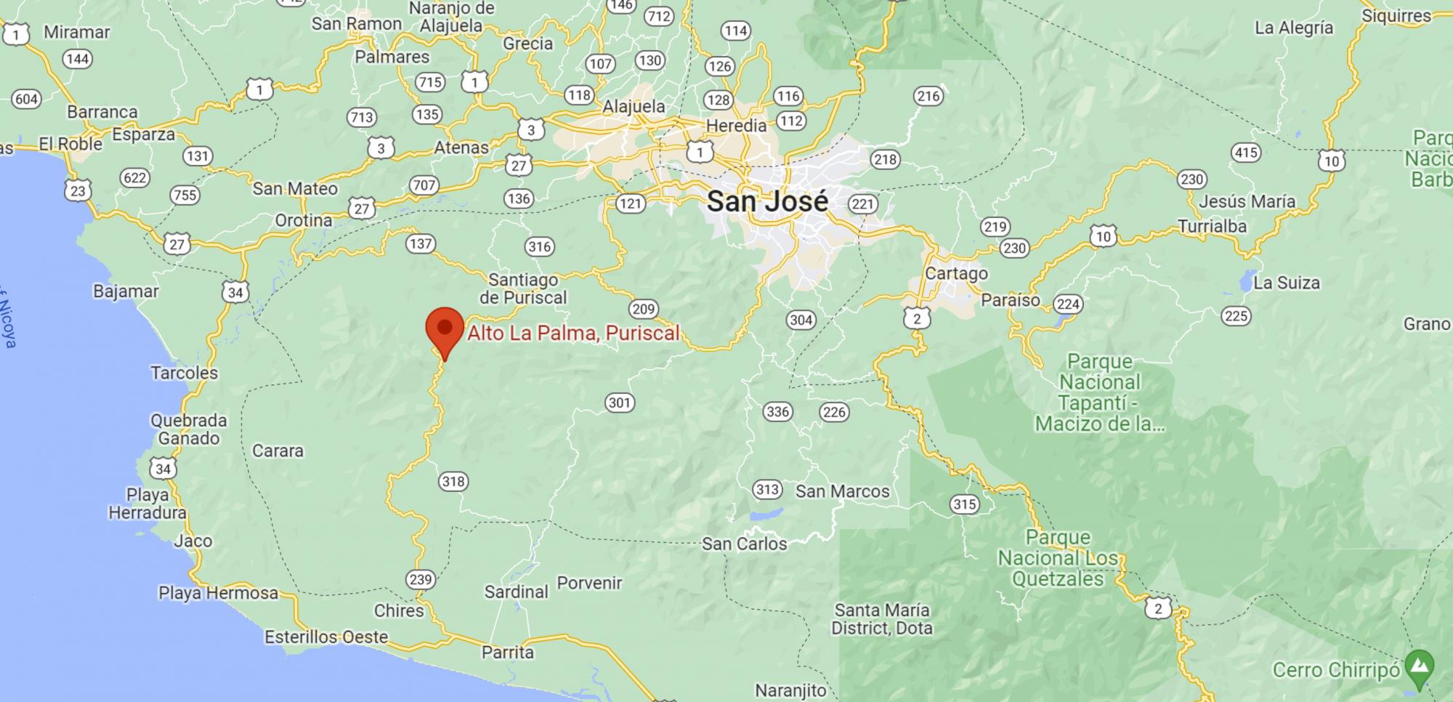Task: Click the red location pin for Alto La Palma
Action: tap(445, 329)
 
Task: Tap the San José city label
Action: tap(767, 201)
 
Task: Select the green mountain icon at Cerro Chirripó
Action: tap(1419, 666)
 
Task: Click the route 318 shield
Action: tap(453, 481)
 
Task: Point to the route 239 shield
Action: tap(421, 579)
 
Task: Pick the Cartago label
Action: tap(956, 273)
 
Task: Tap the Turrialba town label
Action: tap(1212, 226)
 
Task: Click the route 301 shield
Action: tap(620, 403)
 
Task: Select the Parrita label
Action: tap(508, 652)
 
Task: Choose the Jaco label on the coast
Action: tap(193, 541)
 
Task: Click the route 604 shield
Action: tap(26, 99)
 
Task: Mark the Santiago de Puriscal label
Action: tap(523, 289)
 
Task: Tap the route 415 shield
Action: tap(1246, 153)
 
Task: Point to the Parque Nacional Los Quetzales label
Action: tap(1058, 558)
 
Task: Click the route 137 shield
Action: tap(421, 243)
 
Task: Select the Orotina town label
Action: tap(303, 220)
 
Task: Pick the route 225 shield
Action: tap(1236, 315)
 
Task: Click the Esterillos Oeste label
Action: tap(326, 637)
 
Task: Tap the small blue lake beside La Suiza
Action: tap(1247, 280)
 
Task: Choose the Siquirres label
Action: tap(1396, 16)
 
